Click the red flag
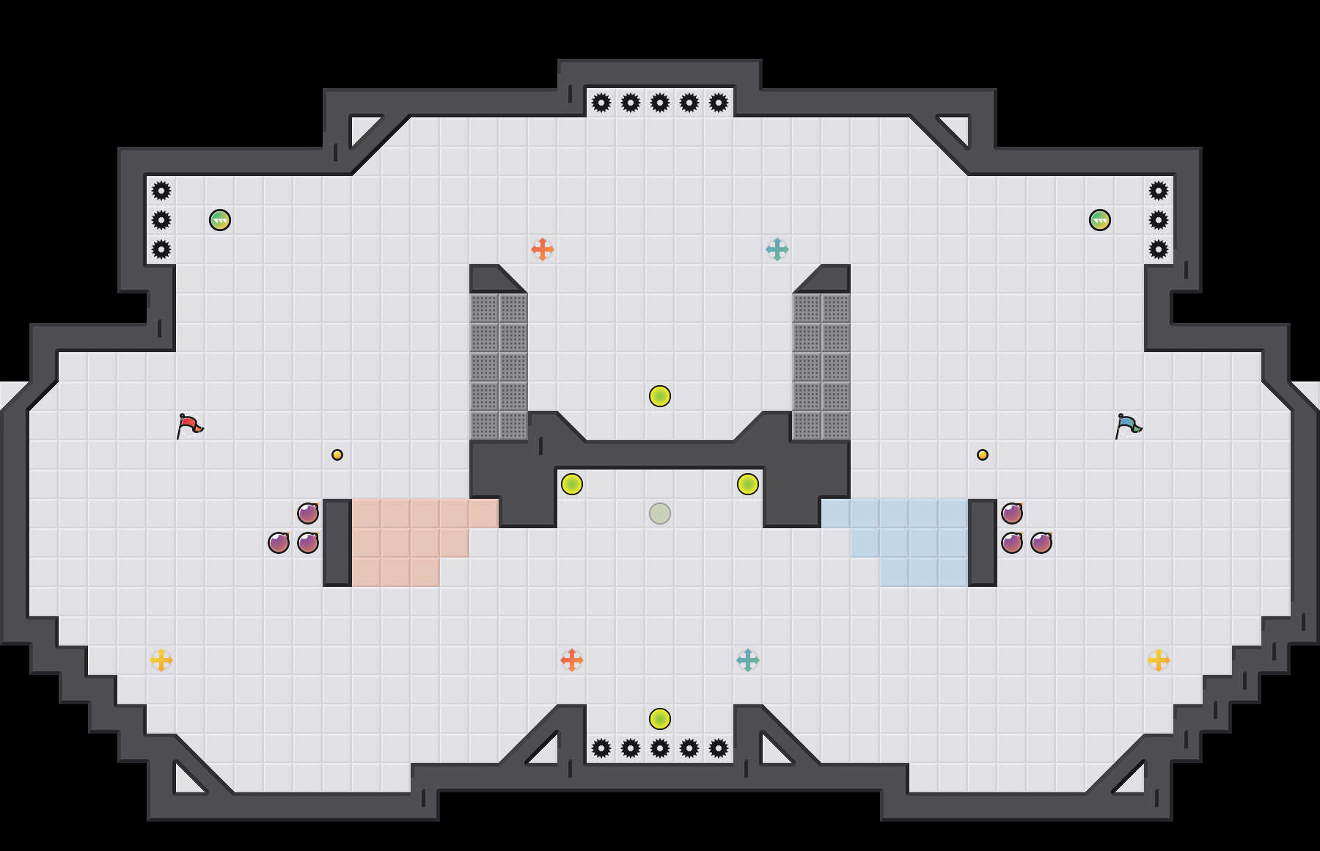pyautogui.click(x=189, y=425)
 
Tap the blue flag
pyautogui.click(x=1128, y=425)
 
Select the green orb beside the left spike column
pyautogui.click(x=220, y=220)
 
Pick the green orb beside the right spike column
pyautogui.click(x=1100, y=220)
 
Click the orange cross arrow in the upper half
pyautogui.click(x=543, y=249)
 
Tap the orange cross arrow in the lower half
pyautogui.click(x=572, y=660)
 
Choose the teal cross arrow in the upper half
pyautogui.click(x=777, y=249)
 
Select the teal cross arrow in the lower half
pyautogui.click(x=748, y=660)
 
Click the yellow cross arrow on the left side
pyautogui.click(x=161, y=660)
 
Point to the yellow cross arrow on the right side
pyautogui.click(x=1159, y=660)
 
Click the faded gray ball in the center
pyautogui.click(x=660, y=514)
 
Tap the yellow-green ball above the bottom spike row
pyautogui.click(x=660, y=719)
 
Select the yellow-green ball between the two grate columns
pyautogui.click(x=660, y=396)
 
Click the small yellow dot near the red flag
pyautogui.click(x=337, y=455)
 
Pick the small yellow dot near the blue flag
pyautogui.click(x=983, y=455)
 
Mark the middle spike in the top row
pyautogui.click(x=660, y=103)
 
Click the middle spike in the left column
pyautogui.click(x=161, y=220)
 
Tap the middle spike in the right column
pyautogui.click(x=1159, y=220)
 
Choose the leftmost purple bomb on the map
pyautogui.click(x=279, y=543)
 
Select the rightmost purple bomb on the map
pyautogui.click(x=1041, y=543)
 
